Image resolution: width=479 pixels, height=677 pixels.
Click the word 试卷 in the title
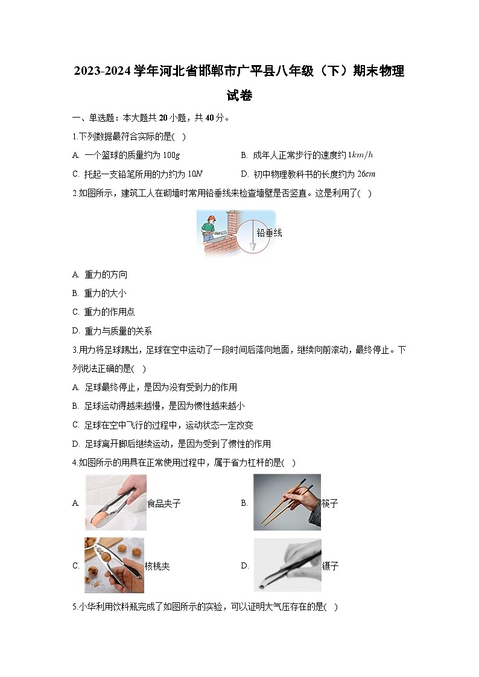coord(239,95)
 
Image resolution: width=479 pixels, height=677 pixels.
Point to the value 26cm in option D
coord(366,174)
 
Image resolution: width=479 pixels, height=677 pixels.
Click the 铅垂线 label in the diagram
coord(269,233)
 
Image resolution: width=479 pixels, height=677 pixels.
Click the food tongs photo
coord(115,503)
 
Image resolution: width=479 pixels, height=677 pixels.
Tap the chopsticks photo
coord(287,502)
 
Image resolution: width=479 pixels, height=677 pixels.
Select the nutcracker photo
coord(114,565)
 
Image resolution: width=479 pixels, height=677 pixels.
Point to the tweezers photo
coord(287,565)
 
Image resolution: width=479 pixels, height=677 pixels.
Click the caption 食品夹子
coord(164,503)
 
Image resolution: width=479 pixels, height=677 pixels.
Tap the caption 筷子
coord(330,503)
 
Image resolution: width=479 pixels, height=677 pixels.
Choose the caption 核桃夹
coord(157,567)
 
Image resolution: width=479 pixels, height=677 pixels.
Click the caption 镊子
coord(330,566)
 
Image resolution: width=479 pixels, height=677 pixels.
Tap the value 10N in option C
coord(195,174)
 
